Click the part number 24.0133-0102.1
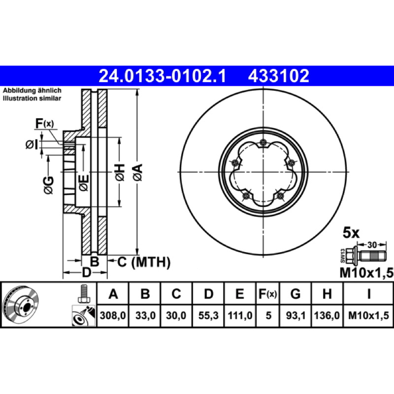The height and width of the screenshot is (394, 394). tap(163, 76)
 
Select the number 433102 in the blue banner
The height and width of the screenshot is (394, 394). tap(278, 76)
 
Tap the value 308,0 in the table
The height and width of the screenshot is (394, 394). tap(113, 315)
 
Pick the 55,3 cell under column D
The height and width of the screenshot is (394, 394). tap(208, 315)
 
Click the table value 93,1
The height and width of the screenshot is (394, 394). tap(296, 315)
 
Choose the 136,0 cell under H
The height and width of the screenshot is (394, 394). tap(327, 315)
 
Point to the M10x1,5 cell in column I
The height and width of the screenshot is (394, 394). tap(368, 315)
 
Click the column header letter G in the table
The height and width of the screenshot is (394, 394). tap(295, 294)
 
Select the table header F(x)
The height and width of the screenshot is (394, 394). tap(267, 294)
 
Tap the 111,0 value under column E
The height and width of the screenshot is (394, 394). tap(240, 315)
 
